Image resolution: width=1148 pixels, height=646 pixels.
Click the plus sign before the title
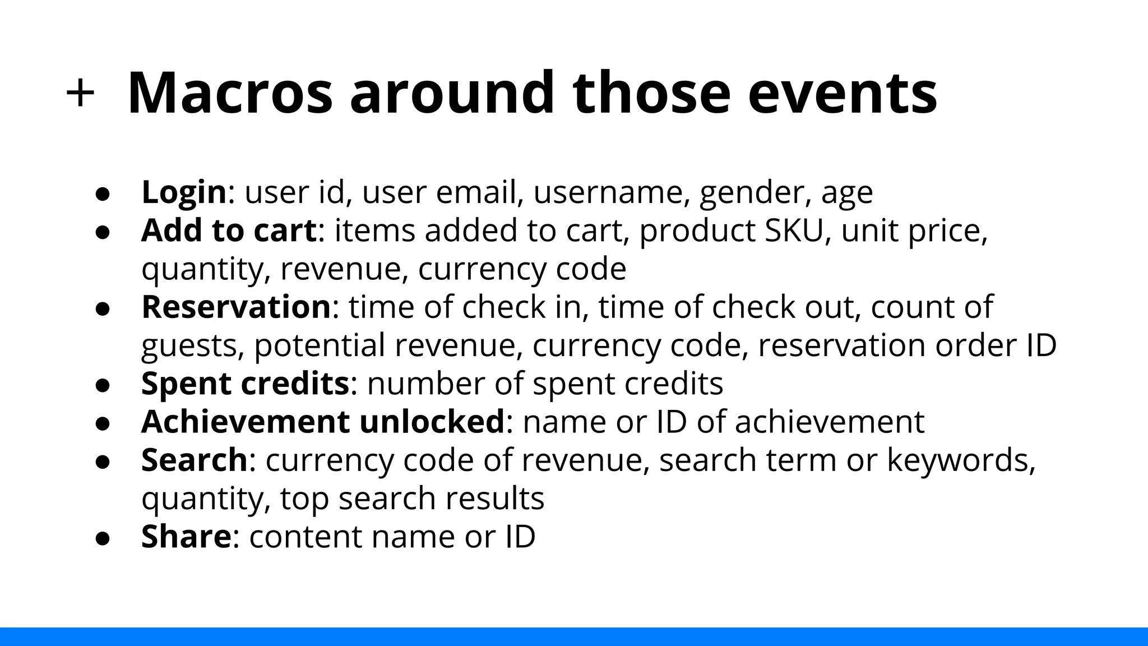point(80,93)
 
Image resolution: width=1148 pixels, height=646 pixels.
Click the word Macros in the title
point(230,93)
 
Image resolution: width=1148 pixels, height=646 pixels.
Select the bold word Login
point(184,192)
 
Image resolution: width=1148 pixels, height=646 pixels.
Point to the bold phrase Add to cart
point(229,230)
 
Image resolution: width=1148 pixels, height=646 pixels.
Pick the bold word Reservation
point(236,307)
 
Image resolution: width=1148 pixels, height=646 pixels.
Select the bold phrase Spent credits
point(245,384)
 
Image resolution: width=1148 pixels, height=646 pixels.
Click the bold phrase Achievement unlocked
point(323,422)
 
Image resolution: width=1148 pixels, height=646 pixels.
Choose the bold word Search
point(194,460)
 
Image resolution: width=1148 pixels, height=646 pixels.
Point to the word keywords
point(961,461)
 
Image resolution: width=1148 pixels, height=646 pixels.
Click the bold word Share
point(186,536)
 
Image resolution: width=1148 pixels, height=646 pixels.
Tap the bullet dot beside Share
point(102,538)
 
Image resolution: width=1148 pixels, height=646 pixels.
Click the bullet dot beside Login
point(102,193)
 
